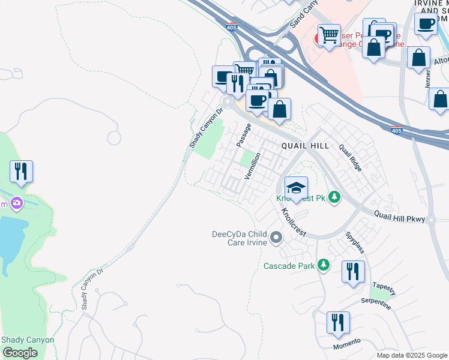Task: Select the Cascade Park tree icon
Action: [324, 265]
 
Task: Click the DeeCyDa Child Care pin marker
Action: [276, 238]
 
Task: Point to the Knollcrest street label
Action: [293, 221]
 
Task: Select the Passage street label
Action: [243, 135]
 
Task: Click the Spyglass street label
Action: [354, 243]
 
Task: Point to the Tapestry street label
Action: [384, 289]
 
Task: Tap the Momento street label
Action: [347, 344]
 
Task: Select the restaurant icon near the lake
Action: [21, 172]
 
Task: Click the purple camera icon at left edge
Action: [16, 203]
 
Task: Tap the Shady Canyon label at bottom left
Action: [28, 340]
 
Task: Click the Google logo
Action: [20, 352]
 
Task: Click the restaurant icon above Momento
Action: [339, 323]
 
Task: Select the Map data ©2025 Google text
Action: [411, 355]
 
